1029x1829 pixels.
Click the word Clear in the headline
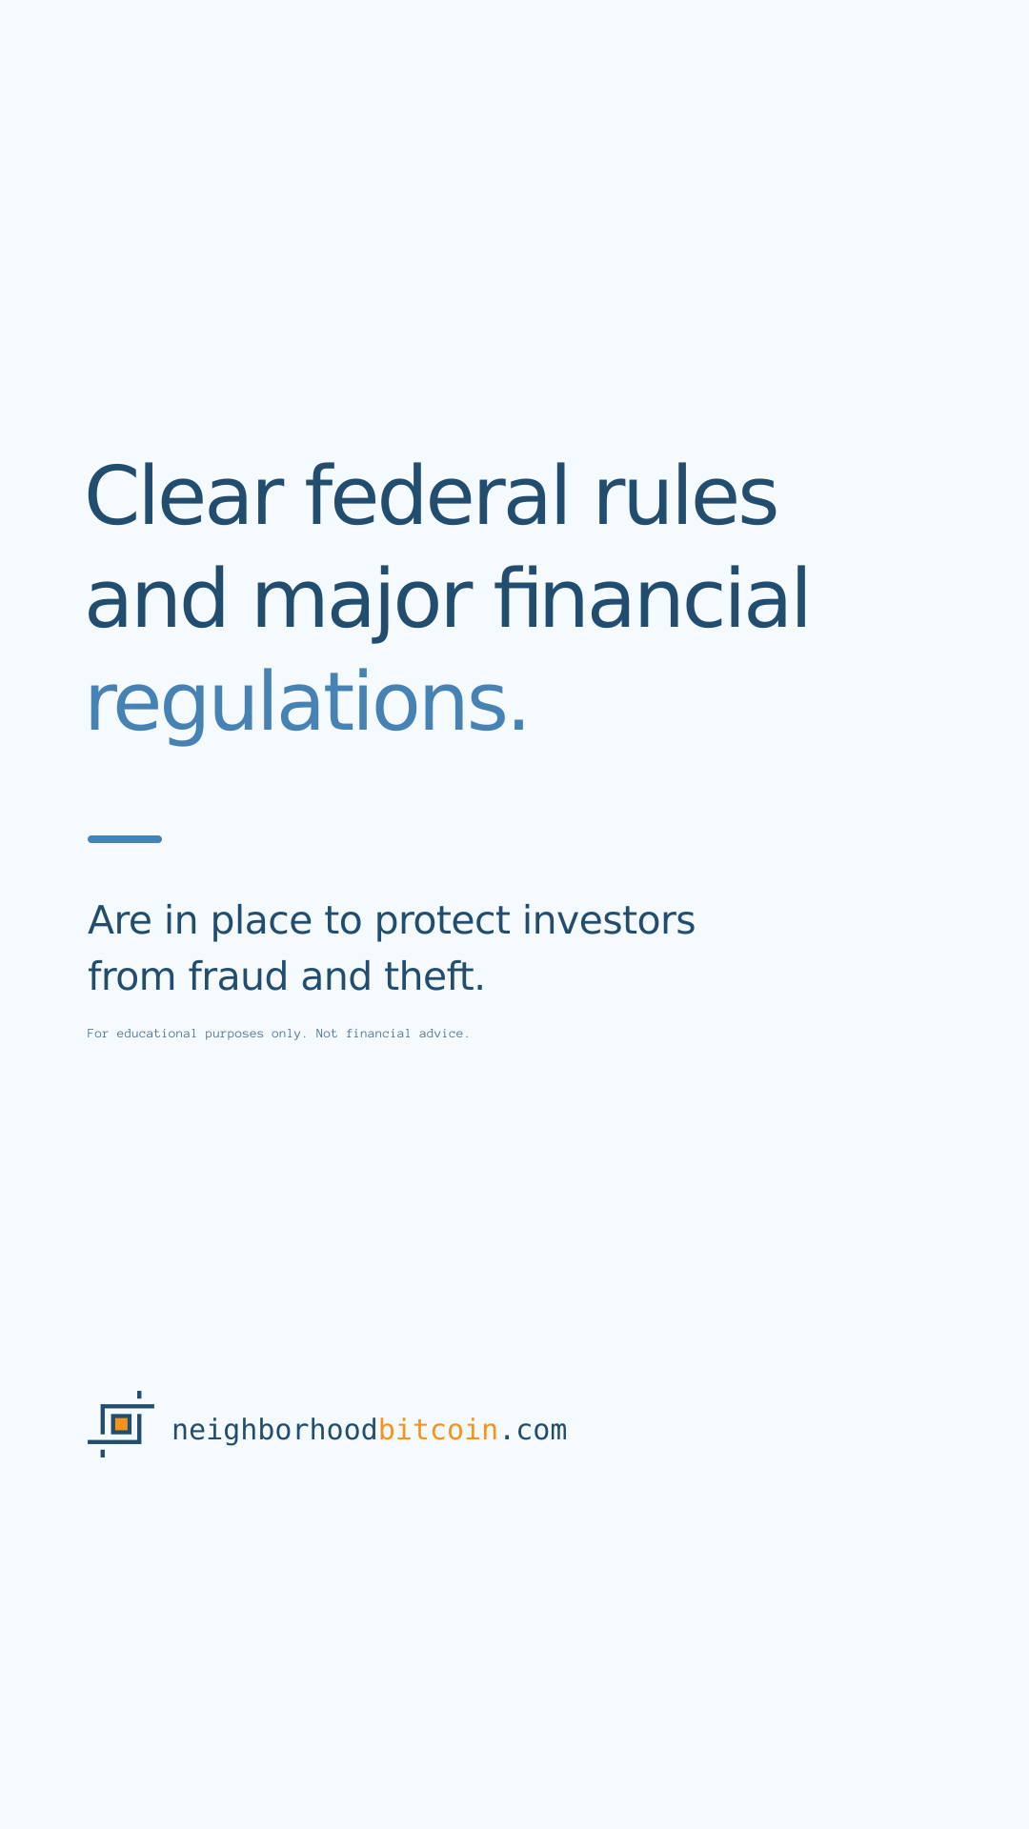[x=185, y=496]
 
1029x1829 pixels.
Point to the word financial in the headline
[x=652, y=597]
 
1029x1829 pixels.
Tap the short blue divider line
[x=125, y=839]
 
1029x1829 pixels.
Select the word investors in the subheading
[x=609, y=920]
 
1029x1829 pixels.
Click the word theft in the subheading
[x=434, y=976]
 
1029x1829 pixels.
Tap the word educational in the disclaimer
[x=156, y=1034]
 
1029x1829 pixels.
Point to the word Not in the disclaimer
[x=327, y=1034]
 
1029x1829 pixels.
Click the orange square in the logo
[x=121, y=1424]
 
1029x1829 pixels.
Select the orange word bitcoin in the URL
[x=438, y=1430]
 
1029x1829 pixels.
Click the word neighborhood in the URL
[x=274, y=1431]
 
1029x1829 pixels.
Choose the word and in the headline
[x=157, y=599]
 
